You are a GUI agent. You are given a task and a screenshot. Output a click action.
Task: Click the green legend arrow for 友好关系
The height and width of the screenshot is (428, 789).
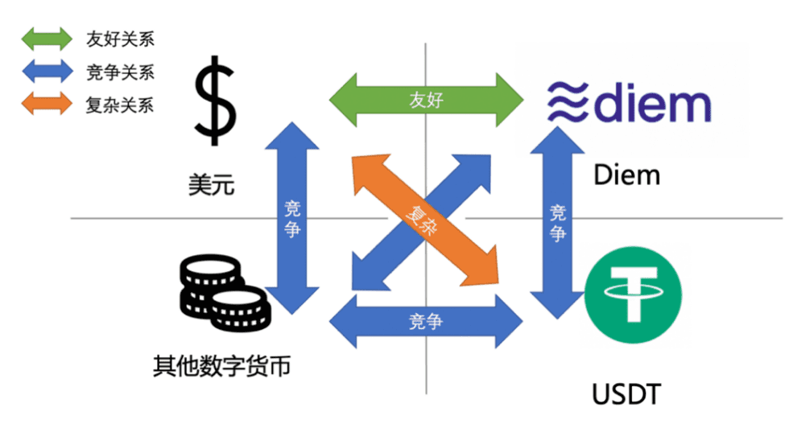click(x=46, y=39)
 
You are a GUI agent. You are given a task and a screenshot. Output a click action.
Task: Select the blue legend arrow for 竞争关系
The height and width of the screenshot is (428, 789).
click(x=46, y=72)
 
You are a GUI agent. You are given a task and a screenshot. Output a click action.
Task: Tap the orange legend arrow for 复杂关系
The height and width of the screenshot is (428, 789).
click(x=46, y=105)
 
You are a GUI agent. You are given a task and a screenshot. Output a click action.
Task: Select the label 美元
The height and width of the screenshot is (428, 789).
click(x=212, y=186)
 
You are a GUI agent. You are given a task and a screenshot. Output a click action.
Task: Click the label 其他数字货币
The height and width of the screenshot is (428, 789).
click(x=221, y=368)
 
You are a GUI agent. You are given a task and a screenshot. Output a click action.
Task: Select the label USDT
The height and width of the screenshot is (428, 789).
click(x=626, y=395)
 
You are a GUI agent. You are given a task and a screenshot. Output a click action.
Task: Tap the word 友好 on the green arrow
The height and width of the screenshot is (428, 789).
click(x=426, y=102)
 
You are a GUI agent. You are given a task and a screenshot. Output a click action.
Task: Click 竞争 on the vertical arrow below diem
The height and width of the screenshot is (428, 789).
click(x=558, y=223)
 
